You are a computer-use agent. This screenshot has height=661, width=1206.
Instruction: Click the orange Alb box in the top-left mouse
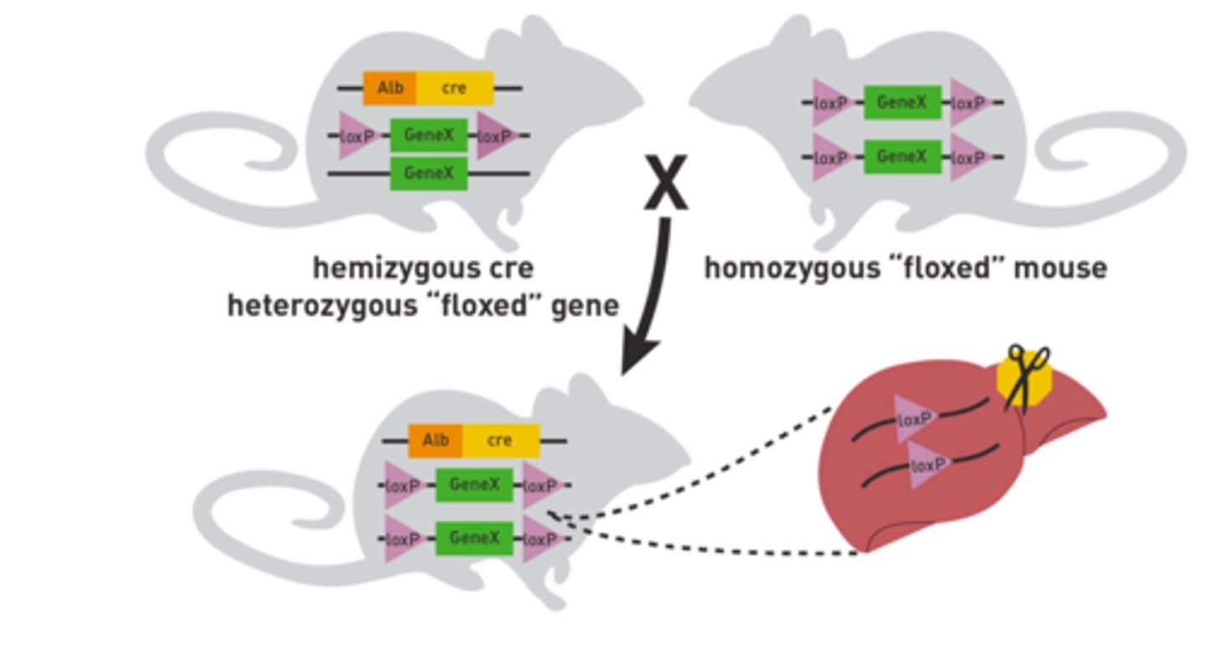tap(389, 88)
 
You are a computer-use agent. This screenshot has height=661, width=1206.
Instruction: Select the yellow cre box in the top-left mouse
tap(455, 88)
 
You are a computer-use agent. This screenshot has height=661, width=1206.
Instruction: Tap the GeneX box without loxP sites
tap(429, 173)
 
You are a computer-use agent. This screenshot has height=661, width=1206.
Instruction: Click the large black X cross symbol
tap(666, 182)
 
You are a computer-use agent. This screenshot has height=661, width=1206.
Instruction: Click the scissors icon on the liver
tap(1026, 377)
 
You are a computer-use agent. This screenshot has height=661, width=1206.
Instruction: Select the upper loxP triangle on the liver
tap(915, 418)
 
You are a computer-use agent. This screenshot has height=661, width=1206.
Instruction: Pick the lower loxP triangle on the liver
tap(928, 465)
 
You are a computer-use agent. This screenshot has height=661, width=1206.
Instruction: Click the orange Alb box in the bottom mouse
tap(435, 441)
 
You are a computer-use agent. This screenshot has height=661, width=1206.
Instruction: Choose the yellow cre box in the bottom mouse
tap(500, 441)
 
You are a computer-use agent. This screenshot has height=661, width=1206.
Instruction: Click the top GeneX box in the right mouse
tap(902, 102)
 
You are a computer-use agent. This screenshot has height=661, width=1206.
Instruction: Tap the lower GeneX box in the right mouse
tap(902, 157)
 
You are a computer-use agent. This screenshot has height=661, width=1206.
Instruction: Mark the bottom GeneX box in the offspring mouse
tap(474, 538)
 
